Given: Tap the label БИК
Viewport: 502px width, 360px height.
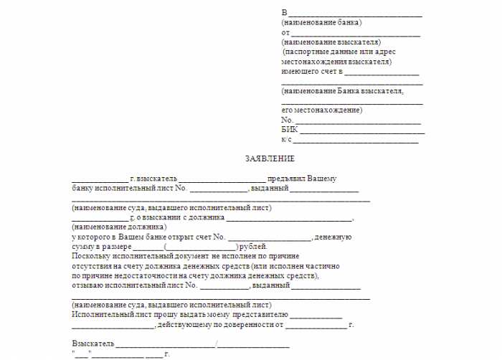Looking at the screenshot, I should click(289, 130).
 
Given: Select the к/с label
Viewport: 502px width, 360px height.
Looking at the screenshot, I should click(287, 140).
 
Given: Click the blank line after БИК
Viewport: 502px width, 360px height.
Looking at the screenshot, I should click(361, 131).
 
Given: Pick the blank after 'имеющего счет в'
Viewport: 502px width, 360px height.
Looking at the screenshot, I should click(383, 73).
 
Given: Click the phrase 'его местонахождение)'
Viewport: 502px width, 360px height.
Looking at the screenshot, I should click(322, 110).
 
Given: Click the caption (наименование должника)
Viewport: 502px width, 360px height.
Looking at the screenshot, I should click(114, 227).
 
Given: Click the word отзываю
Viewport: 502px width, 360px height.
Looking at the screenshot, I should click(89, 285).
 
